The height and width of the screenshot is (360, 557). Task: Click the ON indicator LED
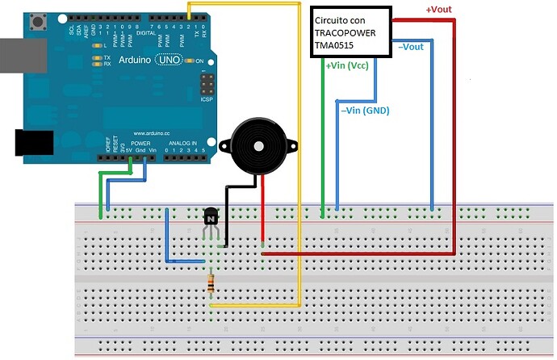[x=189, y=61]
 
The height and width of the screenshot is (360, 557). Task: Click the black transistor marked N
[x=211, y=216]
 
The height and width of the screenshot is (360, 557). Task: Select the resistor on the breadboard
[x=211, y=283]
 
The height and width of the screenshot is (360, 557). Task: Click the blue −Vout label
[x=411, y=48]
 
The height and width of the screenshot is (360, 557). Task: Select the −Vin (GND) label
[x=364, y=111]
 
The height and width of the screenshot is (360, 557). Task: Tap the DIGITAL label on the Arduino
[x=146, y=33]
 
